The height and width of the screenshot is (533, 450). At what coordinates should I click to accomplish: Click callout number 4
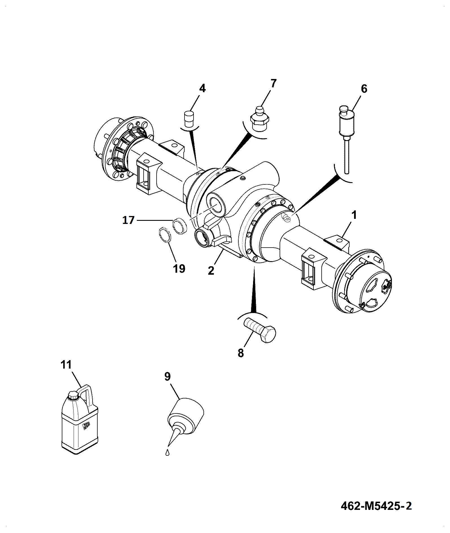(x=202, y=89)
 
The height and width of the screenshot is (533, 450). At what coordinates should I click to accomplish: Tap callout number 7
(x=273, y=83)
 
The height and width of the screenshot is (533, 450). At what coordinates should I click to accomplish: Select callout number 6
(x=364, y=89)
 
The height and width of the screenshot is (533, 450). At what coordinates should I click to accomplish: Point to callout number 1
(x=354, y=215)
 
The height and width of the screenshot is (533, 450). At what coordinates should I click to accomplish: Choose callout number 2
(x=211, y=271)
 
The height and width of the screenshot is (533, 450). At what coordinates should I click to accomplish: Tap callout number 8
(x=241, y=353)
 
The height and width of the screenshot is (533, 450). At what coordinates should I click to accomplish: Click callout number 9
(x=168, y=377)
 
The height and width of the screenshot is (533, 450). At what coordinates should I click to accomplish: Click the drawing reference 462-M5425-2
(x=376, y=506)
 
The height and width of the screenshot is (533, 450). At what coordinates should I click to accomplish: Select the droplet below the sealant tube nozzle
(x=168, y=452)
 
